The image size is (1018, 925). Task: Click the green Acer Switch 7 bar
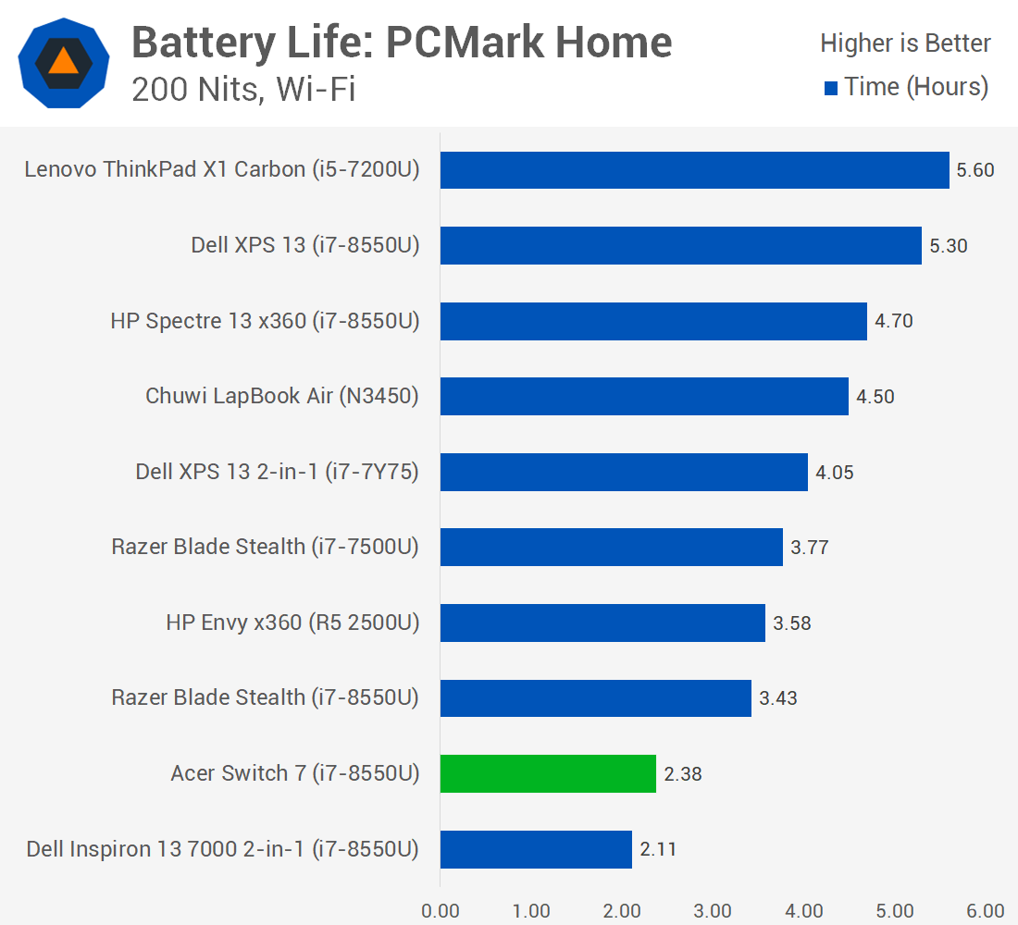pyautogui.click(x=548, y=773)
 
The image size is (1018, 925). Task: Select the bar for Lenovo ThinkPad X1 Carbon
pyautogui.click(x=694, y=170)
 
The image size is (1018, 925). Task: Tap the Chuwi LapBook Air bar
pyautogui.click(x=644, y=396)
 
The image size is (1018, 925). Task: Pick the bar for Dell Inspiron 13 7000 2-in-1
pyautogui.click(x=536, y=849)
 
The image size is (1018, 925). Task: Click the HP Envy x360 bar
pyautogui.click(x=602, y=623)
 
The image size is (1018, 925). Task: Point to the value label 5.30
pyautogui.click(x=949, y=246)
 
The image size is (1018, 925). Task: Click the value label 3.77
pyautogui.click(x=810, y=548)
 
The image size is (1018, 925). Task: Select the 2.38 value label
pyautogui.click(x=683, y=774)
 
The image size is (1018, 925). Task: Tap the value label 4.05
pyautogui.click(x=835, y=473)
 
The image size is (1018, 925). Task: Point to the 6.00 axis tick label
pyautogui.click(x=986, y=910)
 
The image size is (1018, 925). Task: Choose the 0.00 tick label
pyautogui.click(x=441, y=910)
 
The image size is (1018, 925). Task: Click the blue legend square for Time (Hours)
pyautogui.click(x=831, y=89)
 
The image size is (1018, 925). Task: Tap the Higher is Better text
pyautogui.click(x=905, y=43)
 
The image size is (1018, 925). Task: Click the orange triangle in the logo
pyautogui.click(x=64, y=62)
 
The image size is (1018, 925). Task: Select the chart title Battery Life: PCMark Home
pyautogui.click(x=402, y=43)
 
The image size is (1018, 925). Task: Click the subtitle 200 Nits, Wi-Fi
pyautogui.click(x=243, y=90)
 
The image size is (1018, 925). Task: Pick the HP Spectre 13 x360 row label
pyautogui.click(x=265, y=321)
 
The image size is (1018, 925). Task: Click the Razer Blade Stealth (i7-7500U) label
pyautogui.click(x=265, y=547)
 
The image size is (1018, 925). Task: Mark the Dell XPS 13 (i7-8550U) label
pyautogui.click(x=305, y=245)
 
